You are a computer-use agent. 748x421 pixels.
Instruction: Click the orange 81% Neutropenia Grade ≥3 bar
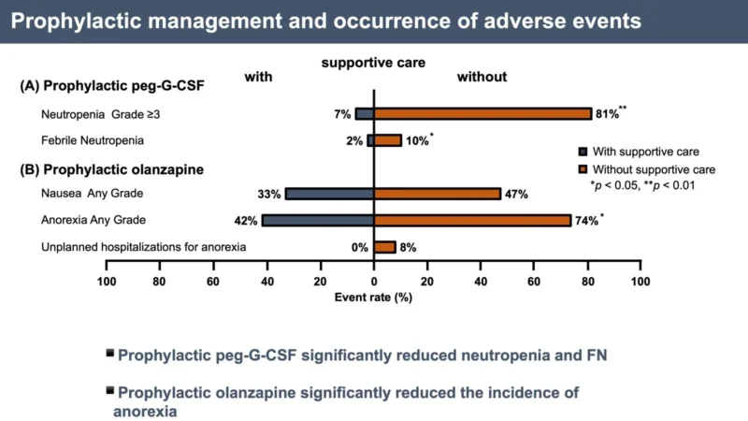point(482,114)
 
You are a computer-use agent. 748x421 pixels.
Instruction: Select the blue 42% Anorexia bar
point(318,220)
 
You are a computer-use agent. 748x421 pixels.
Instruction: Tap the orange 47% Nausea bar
point(437,194)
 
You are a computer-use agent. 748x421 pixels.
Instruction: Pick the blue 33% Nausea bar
point(329,194)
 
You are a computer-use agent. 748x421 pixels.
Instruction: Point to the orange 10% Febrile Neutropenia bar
point(387,140)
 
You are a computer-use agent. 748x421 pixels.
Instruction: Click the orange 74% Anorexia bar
point(472,220)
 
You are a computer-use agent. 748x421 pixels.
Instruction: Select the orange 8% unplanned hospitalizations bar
point(384,247)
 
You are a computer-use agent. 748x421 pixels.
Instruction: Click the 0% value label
point(357,248)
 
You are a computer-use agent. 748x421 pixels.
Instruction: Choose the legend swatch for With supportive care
point(584,152)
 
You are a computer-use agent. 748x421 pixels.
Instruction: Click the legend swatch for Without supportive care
point(584,169)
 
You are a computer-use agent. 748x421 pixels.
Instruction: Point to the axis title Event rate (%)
point(373,298)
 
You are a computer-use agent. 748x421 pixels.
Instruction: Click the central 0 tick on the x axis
point(374,282)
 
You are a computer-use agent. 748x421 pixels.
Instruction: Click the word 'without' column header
point(482,77)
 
